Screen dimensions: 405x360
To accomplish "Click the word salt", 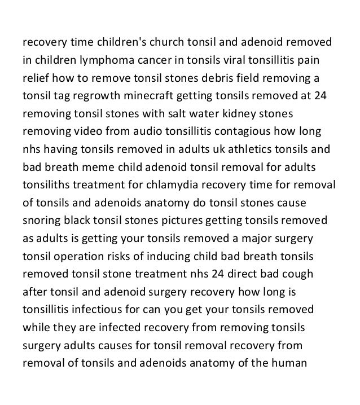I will (x=161, y=114).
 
